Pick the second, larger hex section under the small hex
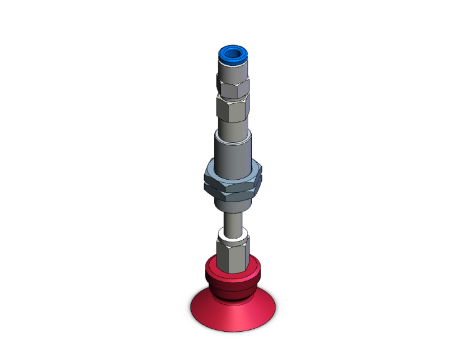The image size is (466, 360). [234, 110]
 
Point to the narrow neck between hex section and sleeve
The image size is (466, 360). [234, 128]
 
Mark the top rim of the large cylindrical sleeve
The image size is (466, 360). [234, 134]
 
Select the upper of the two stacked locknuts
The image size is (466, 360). [234, 173]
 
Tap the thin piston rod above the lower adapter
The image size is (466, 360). [233, 220]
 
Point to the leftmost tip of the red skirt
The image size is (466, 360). [190, 310]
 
